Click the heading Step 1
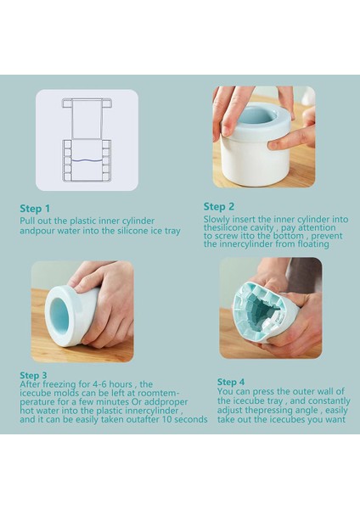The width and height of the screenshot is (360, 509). click(x=35, y=209)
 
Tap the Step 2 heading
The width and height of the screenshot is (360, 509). click(x=219, y=206)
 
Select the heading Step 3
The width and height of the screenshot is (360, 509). click(x=33, y=375)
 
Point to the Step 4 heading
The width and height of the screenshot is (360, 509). click(x=231, y=382)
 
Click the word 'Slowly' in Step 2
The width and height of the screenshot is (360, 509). click(x=217, y=220)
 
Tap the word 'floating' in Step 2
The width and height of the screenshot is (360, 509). click(x=313, y=243)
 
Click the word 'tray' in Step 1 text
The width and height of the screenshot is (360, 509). click(x=172, y=232)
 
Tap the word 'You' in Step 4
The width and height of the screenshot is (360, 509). click(x=225, y=391)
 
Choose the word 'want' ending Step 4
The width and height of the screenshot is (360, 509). click(x=335, y=419)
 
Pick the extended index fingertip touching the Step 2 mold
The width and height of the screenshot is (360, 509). click(x=273, y=145)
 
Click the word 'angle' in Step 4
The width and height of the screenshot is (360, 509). click(x=309, y=411)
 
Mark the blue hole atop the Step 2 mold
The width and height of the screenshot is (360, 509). click(x=256, y=115)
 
